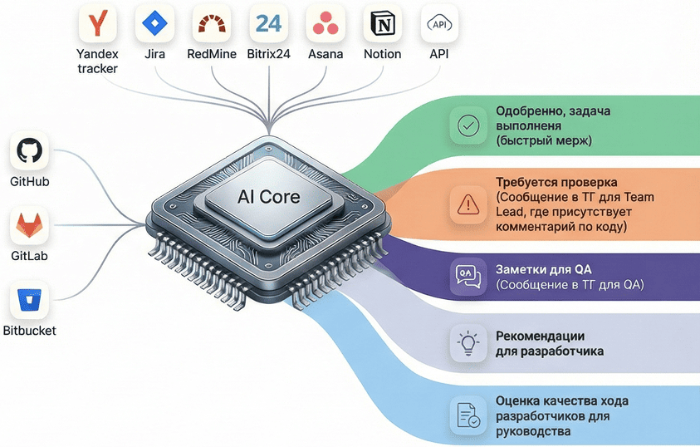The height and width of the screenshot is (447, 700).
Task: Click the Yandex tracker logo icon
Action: [98, 23]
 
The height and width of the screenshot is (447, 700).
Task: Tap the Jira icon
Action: [154, 23]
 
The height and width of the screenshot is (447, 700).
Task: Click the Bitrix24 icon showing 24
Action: [268, 23]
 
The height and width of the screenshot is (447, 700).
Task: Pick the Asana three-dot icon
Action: [326, 23]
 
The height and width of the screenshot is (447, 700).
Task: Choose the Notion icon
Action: [383, 23]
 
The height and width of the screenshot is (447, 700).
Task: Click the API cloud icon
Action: [438, 23]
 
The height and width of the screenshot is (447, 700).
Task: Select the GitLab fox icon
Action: [29, 225]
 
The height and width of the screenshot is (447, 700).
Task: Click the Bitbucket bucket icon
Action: [29, 300]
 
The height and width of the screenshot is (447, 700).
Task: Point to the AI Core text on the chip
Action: [268, 197]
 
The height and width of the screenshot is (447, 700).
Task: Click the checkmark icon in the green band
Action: [468, 125]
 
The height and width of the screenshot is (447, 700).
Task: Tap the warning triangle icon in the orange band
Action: [468, 202]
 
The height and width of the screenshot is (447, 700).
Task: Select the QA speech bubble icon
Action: [468, 276]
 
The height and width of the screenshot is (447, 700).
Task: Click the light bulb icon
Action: [468, 343]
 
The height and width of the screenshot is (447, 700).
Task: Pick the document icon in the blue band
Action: [468, 414]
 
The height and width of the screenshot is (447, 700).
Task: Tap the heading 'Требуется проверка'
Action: [556, 182]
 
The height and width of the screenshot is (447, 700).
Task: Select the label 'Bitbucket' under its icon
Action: [29, 331]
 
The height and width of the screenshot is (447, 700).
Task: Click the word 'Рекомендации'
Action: [540, 336]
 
